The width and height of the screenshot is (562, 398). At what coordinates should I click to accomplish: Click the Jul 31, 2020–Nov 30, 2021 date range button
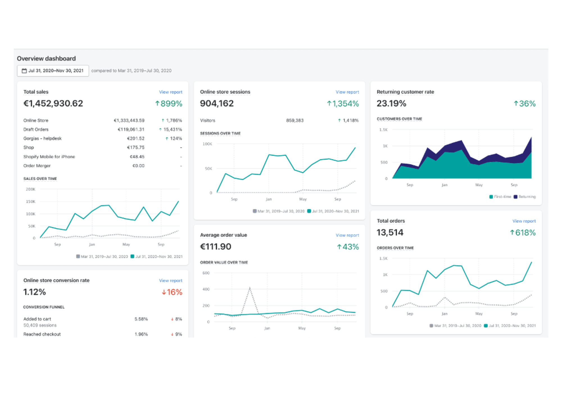[x=53, y=71]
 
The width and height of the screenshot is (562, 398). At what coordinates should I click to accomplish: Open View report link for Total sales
[x=171, y=92]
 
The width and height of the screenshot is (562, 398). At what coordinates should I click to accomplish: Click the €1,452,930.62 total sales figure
[x=53, y=103]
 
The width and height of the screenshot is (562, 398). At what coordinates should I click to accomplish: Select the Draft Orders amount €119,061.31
[x=131, y=129]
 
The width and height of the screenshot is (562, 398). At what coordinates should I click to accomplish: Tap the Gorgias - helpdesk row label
[x=42, y=138]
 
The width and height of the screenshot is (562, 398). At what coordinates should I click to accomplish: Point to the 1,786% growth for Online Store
[x=172, y=120]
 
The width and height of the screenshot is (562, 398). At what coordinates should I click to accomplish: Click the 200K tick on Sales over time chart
[x=30, y=189]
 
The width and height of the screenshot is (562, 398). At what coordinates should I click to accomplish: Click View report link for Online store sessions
[x=347, y=92]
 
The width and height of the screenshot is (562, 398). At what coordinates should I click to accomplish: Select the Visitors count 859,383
[x=295, y=120]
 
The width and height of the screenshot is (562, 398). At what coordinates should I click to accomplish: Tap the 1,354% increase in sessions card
[x=343, y=104]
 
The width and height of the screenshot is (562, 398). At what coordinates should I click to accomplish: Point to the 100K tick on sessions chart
[x=207, y=144]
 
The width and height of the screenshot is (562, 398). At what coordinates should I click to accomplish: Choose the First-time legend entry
[x=500, y=197]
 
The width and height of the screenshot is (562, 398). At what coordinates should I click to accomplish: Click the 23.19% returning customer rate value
[x=391, y=103]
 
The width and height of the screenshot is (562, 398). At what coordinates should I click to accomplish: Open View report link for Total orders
[x=524, y=221]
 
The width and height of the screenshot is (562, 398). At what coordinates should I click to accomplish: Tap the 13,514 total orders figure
[x=390, y=232]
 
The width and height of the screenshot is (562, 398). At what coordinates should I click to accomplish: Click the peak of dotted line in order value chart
[x=250, y=288]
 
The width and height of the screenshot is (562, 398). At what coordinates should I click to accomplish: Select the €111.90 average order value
[x=216, y=247]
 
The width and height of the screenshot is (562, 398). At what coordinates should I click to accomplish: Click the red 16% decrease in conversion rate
[x=172, y=292]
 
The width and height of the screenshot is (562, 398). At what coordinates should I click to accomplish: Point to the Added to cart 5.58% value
[x=141, y=319]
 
